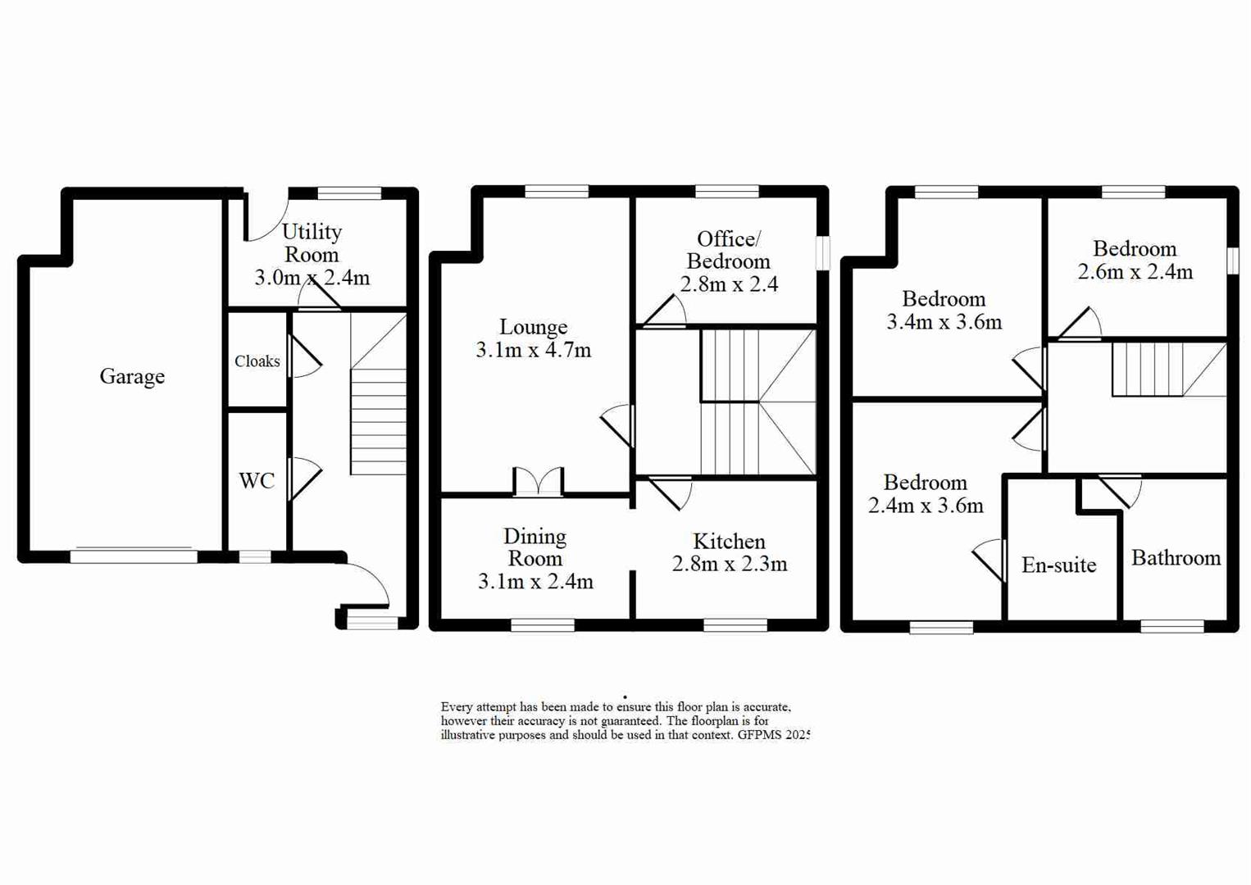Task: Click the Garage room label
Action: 132,376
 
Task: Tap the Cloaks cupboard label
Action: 257,361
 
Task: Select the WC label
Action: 257,480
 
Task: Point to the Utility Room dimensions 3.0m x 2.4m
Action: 312,278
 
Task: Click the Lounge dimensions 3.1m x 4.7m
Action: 533,350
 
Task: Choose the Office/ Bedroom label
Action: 728,250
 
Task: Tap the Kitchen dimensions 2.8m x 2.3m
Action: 729,564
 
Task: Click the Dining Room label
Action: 535,547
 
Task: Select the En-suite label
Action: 1058,565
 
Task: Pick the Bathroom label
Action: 1176,558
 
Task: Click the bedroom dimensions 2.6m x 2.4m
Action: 1135,271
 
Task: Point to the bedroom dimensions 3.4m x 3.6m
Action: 944,322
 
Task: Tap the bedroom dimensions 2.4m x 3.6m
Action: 926,506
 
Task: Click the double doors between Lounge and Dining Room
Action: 538,483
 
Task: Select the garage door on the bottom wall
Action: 134,556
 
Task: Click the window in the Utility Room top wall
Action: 349,193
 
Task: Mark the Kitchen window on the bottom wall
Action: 735,625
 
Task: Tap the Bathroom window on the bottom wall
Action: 1171,626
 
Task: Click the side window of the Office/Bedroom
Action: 822,253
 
